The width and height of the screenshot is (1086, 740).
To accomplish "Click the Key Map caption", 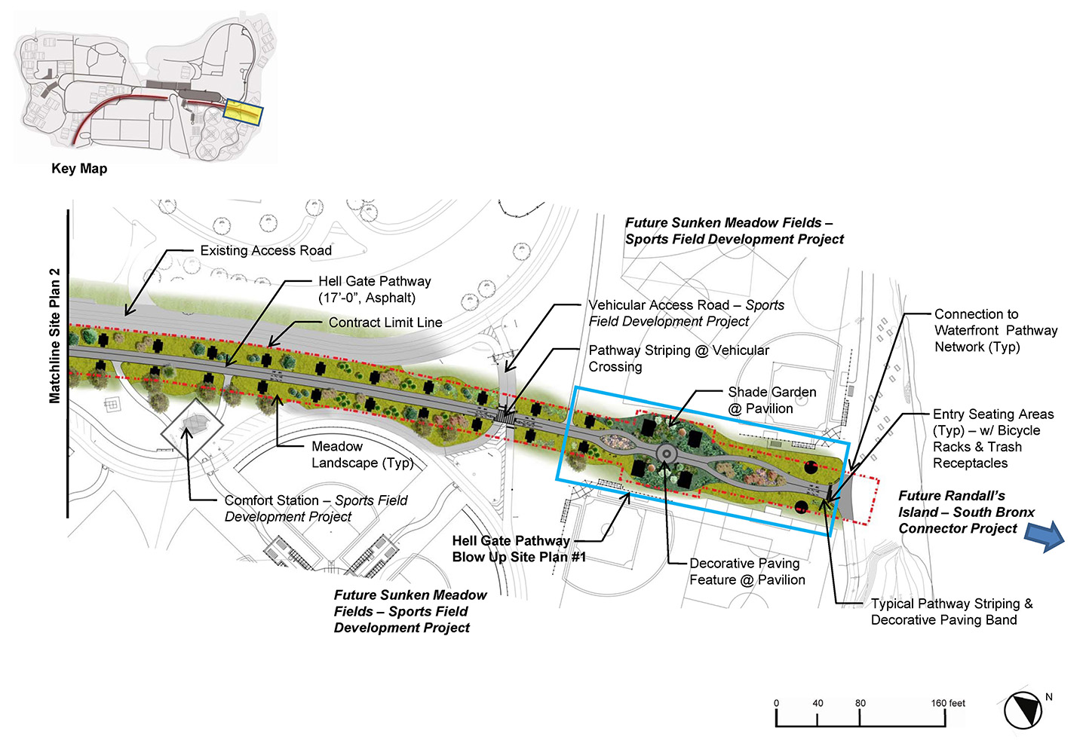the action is tap(79, 169).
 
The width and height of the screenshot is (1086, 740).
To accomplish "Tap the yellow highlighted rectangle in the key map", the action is tap(243, 112).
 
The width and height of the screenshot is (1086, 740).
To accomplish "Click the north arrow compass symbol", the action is tap(1023, 711).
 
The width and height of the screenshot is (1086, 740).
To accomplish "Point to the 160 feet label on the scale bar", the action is tap(948, 703).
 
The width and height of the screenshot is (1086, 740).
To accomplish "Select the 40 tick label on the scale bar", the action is tap(818, 703).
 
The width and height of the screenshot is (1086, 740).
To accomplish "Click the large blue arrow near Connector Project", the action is tap(1045, 536).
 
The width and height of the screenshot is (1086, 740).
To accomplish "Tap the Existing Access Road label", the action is tap(265, 250).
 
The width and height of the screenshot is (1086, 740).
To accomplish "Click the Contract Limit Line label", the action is tap(385, 323).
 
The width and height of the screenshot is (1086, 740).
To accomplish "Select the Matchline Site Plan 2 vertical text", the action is tap(54, 335).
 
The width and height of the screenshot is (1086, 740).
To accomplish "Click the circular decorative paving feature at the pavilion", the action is tap(667, 454).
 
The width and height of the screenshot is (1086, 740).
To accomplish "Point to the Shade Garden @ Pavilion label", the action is tap(772, 400).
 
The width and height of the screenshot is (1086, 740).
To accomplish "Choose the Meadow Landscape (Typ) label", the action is tap(362, 454).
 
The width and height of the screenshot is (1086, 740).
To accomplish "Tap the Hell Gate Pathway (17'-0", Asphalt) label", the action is tap(374, 289).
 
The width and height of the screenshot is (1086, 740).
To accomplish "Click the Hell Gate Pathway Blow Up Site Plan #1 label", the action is tap(519, 549).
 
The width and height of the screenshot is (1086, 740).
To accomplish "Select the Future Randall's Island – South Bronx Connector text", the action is tap(966, 512).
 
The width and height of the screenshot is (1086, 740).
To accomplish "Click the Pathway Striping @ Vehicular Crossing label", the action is tap(679, 359).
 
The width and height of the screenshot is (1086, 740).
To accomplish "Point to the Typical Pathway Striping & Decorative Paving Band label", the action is tap(952, 612).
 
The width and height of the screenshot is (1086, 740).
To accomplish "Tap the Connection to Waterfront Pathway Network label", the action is tap(995, 330).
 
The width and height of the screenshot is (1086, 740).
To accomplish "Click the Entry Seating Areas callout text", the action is tap(993, 439).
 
